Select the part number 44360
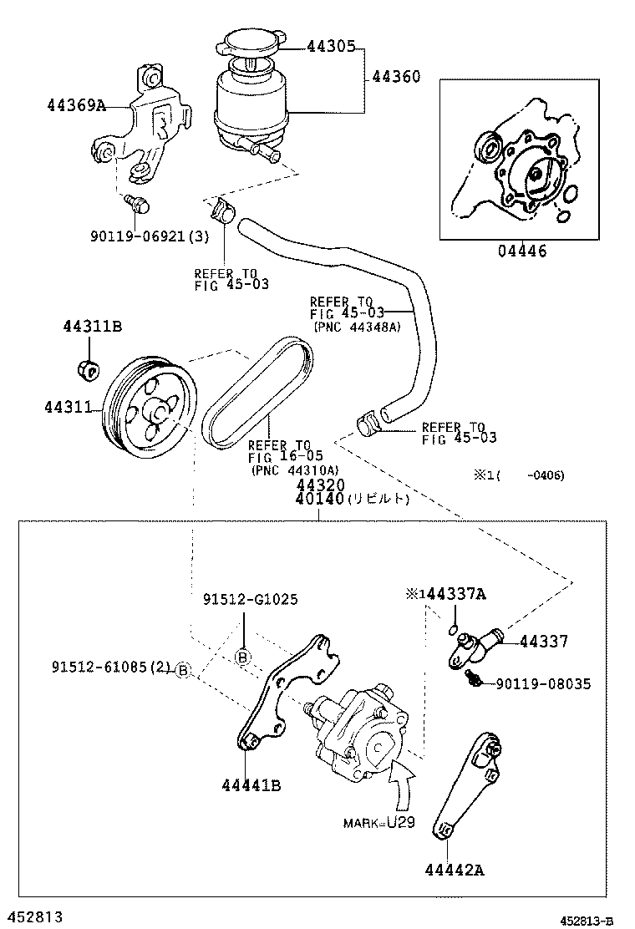[x=395, y=77]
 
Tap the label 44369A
[x=77, y=105]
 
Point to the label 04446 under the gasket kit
[x=523, y=251]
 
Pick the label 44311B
[x=92, y=326]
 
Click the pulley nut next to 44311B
[x=87, y=366]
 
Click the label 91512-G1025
[x=250, y=600]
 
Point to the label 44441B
[x=251, y=785]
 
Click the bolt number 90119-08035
[x=542, y=683]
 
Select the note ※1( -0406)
[x=519, y=475]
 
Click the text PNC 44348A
[x=357, y=327]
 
